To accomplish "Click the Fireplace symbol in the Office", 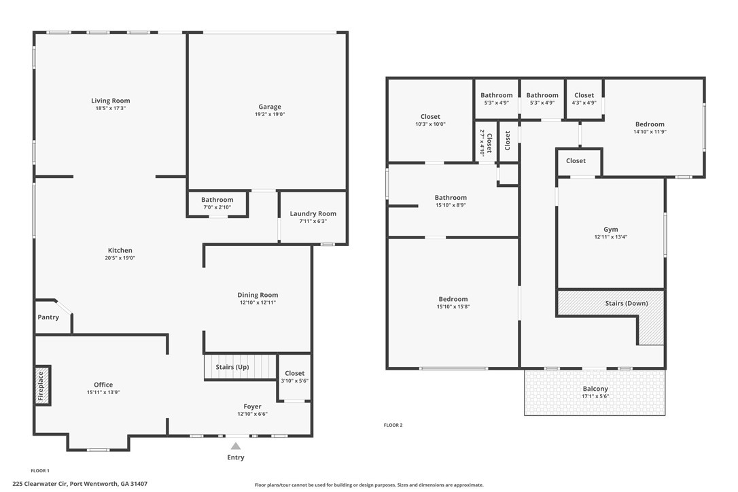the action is coord(43,385).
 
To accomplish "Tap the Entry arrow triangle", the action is coord(236,446).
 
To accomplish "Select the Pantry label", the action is coord(48,317).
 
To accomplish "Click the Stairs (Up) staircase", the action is coord(240,367).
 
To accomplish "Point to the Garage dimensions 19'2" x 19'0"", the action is coord(270,114).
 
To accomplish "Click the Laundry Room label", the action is coord(313,214).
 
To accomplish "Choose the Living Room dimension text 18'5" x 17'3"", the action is coord(111,108).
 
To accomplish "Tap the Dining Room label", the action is coord(258,295).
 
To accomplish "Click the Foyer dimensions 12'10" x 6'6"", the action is coord(252,415).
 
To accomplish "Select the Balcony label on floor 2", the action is coord(595,389).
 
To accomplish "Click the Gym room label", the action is coord(611,230).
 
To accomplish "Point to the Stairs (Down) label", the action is coord(627,303).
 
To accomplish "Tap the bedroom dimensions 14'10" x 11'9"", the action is coord(650,132).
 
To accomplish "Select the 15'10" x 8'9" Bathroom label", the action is coord(451,198).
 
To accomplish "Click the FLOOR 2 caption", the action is coord(393,425).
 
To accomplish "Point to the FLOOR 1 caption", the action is coord(40,470).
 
